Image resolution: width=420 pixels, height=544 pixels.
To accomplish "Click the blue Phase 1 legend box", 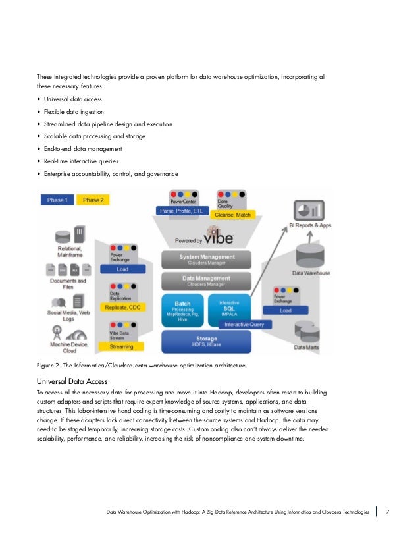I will click(x=57, y=200).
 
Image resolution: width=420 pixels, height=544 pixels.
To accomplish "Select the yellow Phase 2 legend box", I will click(x=92, y=200).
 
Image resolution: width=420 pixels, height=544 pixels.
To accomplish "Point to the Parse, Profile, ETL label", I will click(x=183, y=211).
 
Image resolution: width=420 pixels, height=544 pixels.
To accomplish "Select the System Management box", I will click(x=207, y=259).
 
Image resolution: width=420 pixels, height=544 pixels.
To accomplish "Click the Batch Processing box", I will click(x=184, y=308).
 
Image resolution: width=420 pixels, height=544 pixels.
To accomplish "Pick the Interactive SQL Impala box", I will click(x=230, y=306).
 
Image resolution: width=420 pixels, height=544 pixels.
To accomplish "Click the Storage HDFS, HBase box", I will click(x=207, y=340).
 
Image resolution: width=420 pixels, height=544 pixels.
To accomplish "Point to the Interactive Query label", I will click(x=244, y=324).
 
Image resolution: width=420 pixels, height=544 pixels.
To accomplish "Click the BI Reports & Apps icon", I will click(x=307, y=210).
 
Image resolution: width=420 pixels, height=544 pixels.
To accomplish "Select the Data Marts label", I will click(x=307, y=347).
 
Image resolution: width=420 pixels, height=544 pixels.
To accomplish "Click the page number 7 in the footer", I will click(x=388, y=512).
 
